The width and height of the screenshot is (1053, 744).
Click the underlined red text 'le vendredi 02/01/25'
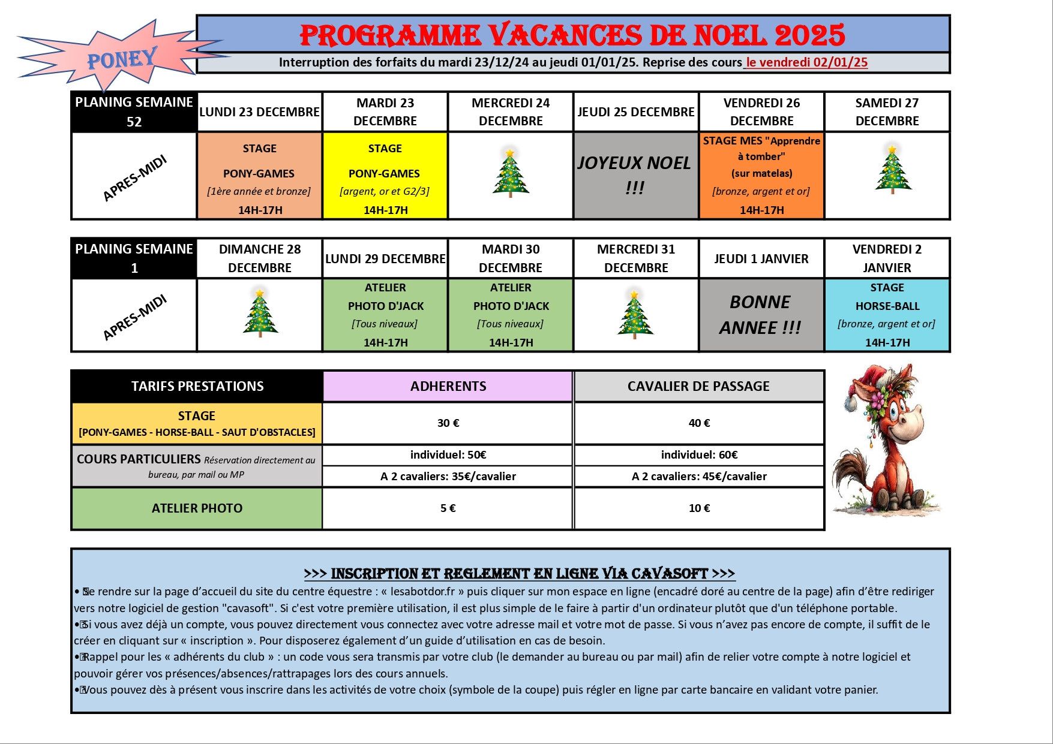pos(806,62)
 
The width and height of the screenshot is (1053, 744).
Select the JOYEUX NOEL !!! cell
pos(635,175)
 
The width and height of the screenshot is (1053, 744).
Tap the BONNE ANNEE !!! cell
pos(761,315)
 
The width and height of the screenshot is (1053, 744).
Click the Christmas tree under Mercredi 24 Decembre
pos(511,173)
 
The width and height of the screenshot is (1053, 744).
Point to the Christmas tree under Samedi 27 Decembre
pos(892,170)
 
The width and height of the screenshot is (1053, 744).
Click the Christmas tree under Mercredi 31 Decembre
pos(635,314)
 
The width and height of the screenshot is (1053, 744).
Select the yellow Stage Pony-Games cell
pos(385,175)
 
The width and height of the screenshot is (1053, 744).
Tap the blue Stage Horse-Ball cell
pos(887,315)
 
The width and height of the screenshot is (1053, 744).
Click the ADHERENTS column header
pos(448,386)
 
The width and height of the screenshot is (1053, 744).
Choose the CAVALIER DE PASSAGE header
pos(698,386)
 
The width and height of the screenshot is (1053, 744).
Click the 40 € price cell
pos(699,423)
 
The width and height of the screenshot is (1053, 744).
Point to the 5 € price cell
pos(448,508)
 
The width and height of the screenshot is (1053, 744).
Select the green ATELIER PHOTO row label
pos(197,508)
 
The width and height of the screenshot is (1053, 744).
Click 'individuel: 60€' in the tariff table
pos(699,455)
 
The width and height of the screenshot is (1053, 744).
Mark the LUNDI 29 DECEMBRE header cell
pos(385,259)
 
